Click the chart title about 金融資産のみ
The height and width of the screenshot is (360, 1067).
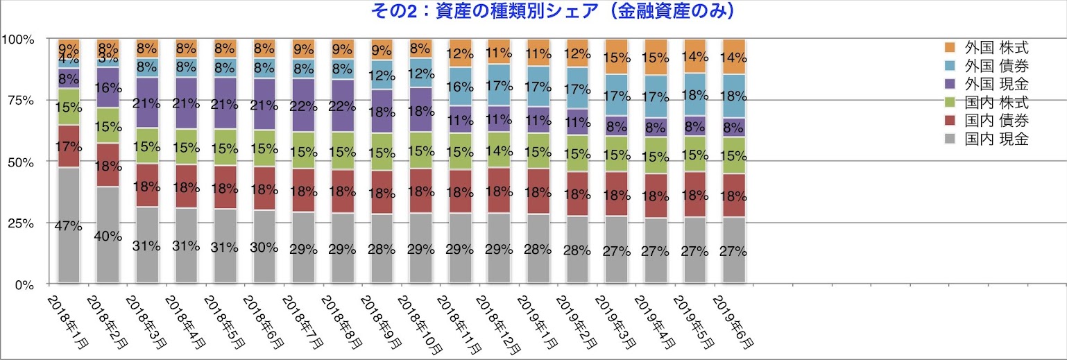(x=533, y=11)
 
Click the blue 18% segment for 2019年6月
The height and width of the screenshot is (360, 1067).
(x=734, y=96)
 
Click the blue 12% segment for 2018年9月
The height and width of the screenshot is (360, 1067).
(x=382, y=75)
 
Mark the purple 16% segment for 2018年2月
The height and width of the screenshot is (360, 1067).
(x=108, y=87)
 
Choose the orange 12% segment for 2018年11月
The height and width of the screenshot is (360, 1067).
(x=461, y=53)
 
